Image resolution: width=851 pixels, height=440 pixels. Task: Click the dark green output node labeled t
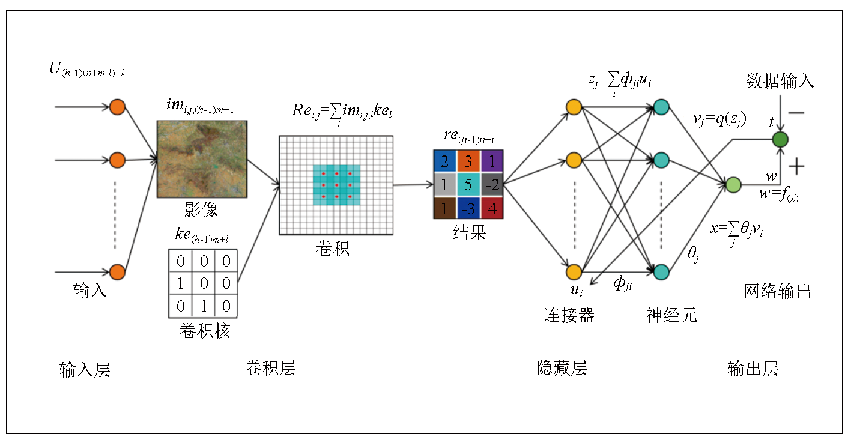pyautogui.click(x=780, y=140)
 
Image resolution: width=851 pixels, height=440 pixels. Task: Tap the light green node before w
pyautogui.click(x=733, y=185)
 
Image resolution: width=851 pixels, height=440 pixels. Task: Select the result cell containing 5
pyautogui.click(x=468, y=184)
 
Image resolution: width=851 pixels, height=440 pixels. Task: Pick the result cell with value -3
pyautogui.click(x=468, y=208)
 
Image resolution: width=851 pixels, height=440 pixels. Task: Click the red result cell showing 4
pyautogui.click(x=492, y=208)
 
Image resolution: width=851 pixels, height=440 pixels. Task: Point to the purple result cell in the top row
pyautogui.click(x=492, y=161)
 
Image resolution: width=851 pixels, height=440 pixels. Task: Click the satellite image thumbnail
pyautogui.click(x=202, y=159)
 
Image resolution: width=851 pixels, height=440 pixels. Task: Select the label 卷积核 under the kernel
pyautogui.click(x=204, y=331)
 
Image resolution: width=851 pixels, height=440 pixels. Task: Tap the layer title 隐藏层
pyautogui.click(x=562, y=368)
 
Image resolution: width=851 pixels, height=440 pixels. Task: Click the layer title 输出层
pyautogui.click(x=753, y=368)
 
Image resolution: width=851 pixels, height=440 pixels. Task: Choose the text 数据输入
pyautogui.click(x=780, y=80)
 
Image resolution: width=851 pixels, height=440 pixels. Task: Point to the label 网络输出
pyautogui.click(x=778, y=292)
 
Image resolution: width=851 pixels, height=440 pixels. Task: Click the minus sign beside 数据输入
pyautogui.click(x=796, y=113)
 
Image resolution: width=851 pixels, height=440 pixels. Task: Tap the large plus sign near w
pyautogui.click(x=797, y=166)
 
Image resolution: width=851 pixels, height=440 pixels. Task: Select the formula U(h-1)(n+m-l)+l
pyautogui.click(x=87, y=71)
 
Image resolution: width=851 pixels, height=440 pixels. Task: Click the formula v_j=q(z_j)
pyautogui.click(x=719, y=120)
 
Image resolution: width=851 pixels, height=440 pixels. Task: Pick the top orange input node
pyautogui.click(x=117, y=107)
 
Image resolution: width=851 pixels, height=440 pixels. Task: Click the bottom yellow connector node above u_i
pyautogui.click(x=574, y=272)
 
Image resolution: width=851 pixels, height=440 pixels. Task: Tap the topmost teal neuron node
pyautogui.click(x=661, y=107)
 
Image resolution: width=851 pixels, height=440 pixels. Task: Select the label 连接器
pyautogui.click(x=569, y=314)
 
